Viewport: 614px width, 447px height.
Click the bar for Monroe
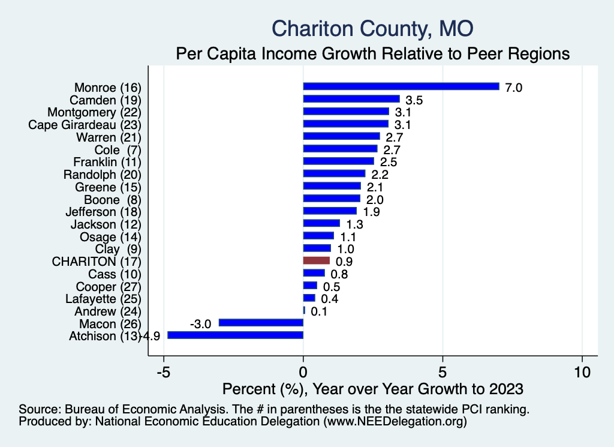coord(401,86)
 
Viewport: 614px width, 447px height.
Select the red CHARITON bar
coord(317,260)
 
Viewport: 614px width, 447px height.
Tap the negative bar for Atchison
coord(235,335)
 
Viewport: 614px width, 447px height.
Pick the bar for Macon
coord(261,323)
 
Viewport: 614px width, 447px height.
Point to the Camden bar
coord(351,99)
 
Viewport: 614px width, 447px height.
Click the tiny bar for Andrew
coord(304,310)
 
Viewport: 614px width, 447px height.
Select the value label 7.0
coord(514,88)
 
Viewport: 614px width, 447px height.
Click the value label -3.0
coord(200,324)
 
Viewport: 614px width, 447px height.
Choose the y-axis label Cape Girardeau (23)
coord(85,125)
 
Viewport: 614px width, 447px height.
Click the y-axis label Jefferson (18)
coord(103,212)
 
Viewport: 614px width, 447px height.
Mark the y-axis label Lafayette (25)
coord(103,298)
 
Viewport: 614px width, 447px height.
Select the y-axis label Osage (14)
coord(110,236)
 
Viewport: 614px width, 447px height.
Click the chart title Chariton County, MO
coord(372,28)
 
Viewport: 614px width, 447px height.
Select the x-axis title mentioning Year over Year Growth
coord(372,388)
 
